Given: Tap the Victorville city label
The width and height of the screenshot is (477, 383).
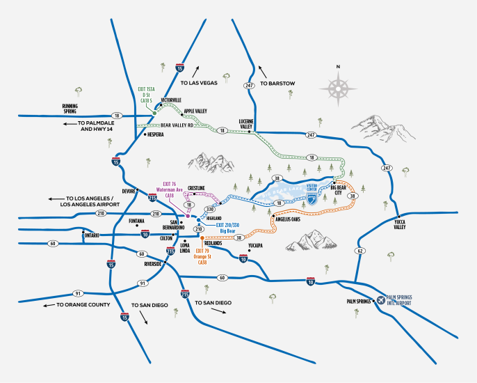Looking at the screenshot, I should point(171,100).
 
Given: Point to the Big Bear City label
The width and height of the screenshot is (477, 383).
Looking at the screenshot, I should point(339,189).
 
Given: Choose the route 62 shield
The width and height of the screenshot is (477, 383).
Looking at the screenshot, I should point(360,250).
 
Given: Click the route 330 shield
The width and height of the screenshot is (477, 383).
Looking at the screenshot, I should point(210,208).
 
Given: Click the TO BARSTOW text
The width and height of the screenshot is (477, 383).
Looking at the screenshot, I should point(278,84).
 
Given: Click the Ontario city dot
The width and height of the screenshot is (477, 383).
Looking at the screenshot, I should point(83,232).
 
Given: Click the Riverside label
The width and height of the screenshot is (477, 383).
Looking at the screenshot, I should point(153,265).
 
